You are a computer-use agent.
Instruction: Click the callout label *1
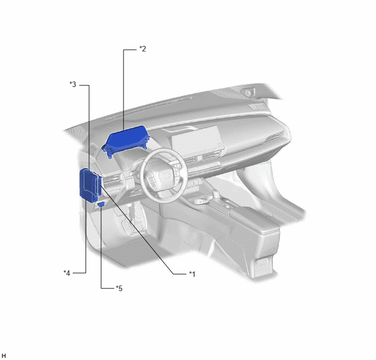coord(192,274)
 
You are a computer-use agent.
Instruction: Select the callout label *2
coord(143,49)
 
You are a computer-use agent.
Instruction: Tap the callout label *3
coord(73,84)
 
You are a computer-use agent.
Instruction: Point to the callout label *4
coord(67,273)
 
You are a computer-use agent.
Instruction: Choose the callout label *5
coord(119,288)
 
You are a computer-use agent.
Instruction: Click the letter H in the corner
coord(4,356)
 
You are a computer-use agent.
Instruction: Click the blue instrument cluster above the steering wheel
coord(126,141)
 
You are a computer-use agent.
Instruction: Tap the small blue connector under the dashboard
coord(101,204)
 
